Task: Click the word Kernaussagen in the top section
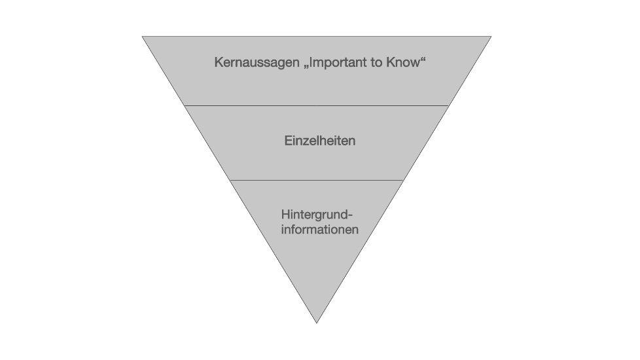(257, 62)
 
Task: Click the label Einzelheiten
(319, 141)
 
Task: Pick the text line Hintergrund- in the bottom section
(317, 215)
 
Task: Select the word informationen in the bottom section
(319, 229)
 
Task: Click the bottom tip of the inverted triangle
(317, 323)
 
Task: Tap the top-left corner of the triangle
(143, 36)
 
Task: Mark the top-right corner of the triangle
(491, 36)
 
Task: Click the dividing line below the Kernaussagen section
(317, 106)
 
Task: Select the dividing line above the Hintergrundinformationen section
(317, 180)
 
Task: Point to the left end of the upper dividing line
(185, 106)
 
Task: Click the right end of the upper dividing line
(449, 106)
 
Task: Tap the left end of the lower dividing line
(230, 180)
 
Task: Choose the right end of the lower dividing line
(404, 180)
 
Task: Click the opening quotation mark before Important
(306, 67)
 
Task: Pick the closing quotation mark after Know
(423, 59)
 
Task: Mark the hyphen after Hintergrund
(350, 215)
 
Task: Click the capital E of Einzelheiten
(289, 141)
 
